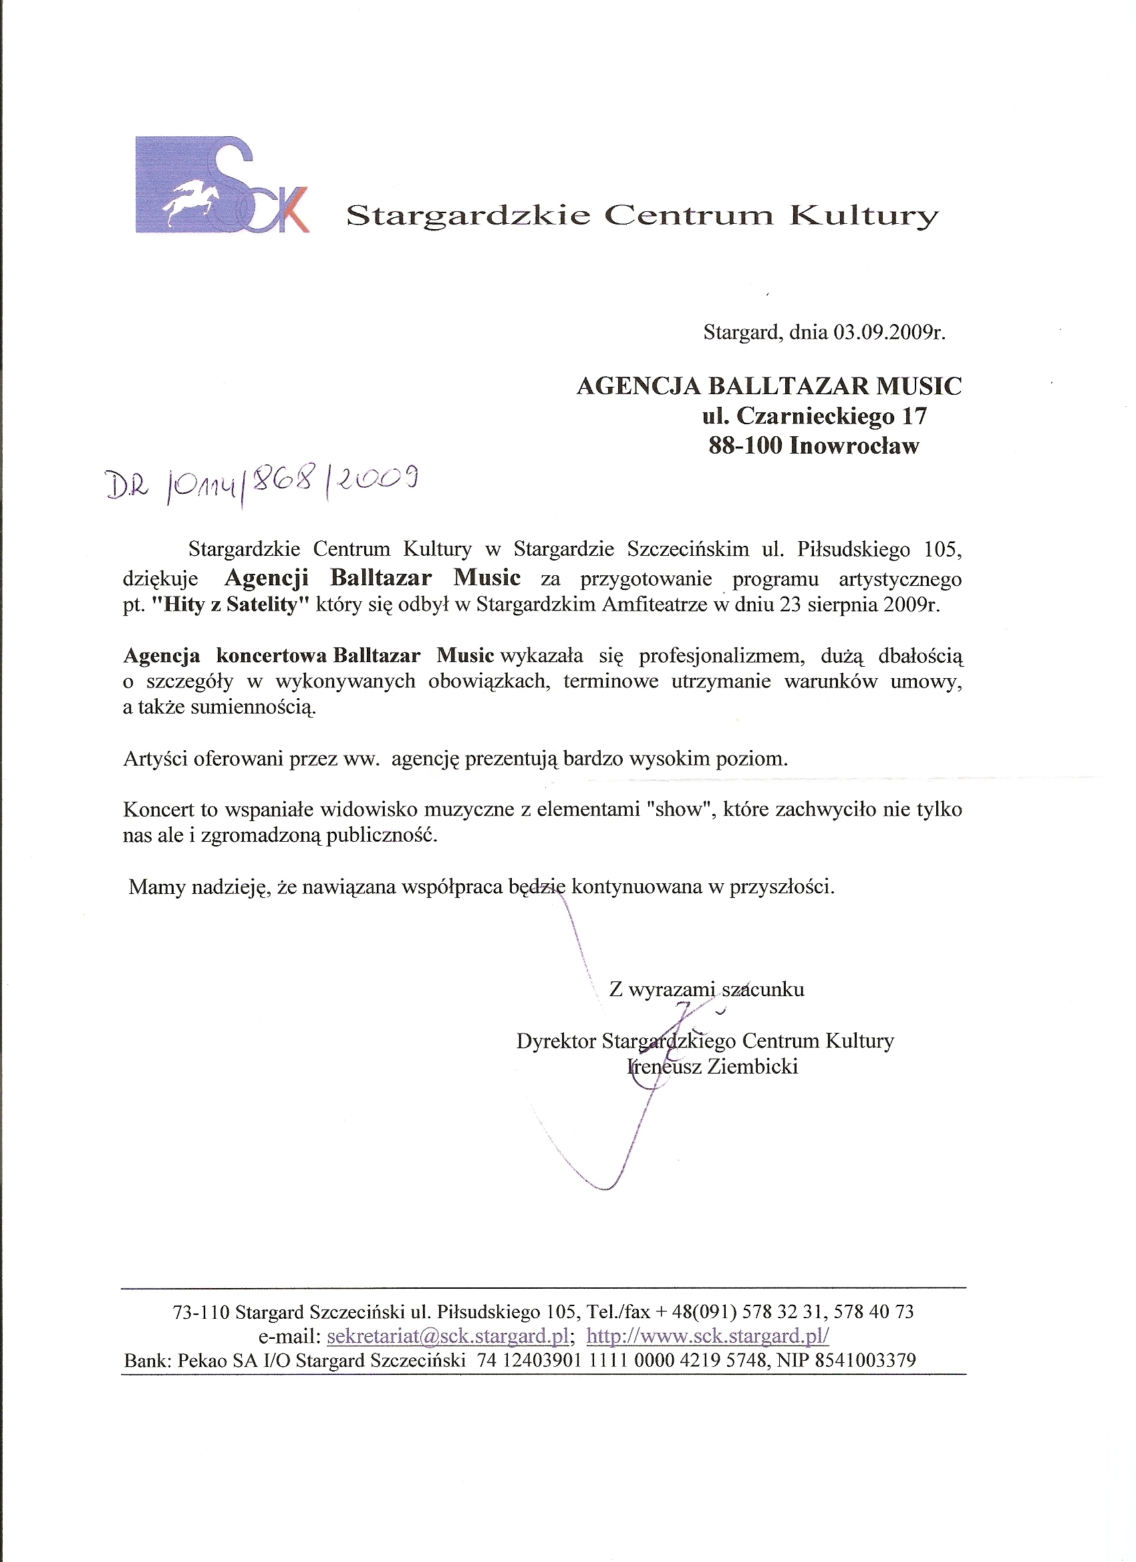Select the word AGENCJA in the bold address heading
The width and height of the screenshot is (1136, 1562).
639,386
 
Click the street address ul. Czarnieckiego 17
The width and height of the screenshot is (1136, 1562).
815,416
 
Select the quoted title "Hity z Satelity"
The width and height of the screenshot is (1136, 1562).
230,605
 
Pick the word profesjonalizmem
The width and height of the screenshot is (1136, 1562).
721,655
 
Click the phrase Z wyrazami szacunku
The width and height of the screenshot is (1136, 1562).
707,989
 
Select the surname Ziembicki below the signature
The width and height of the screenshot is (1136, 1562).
752,1067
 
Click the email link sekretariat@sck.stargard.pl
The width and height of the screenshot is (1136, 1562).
448,1336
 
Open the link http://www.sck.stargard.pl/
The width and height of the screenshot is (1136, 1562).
708,1336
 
